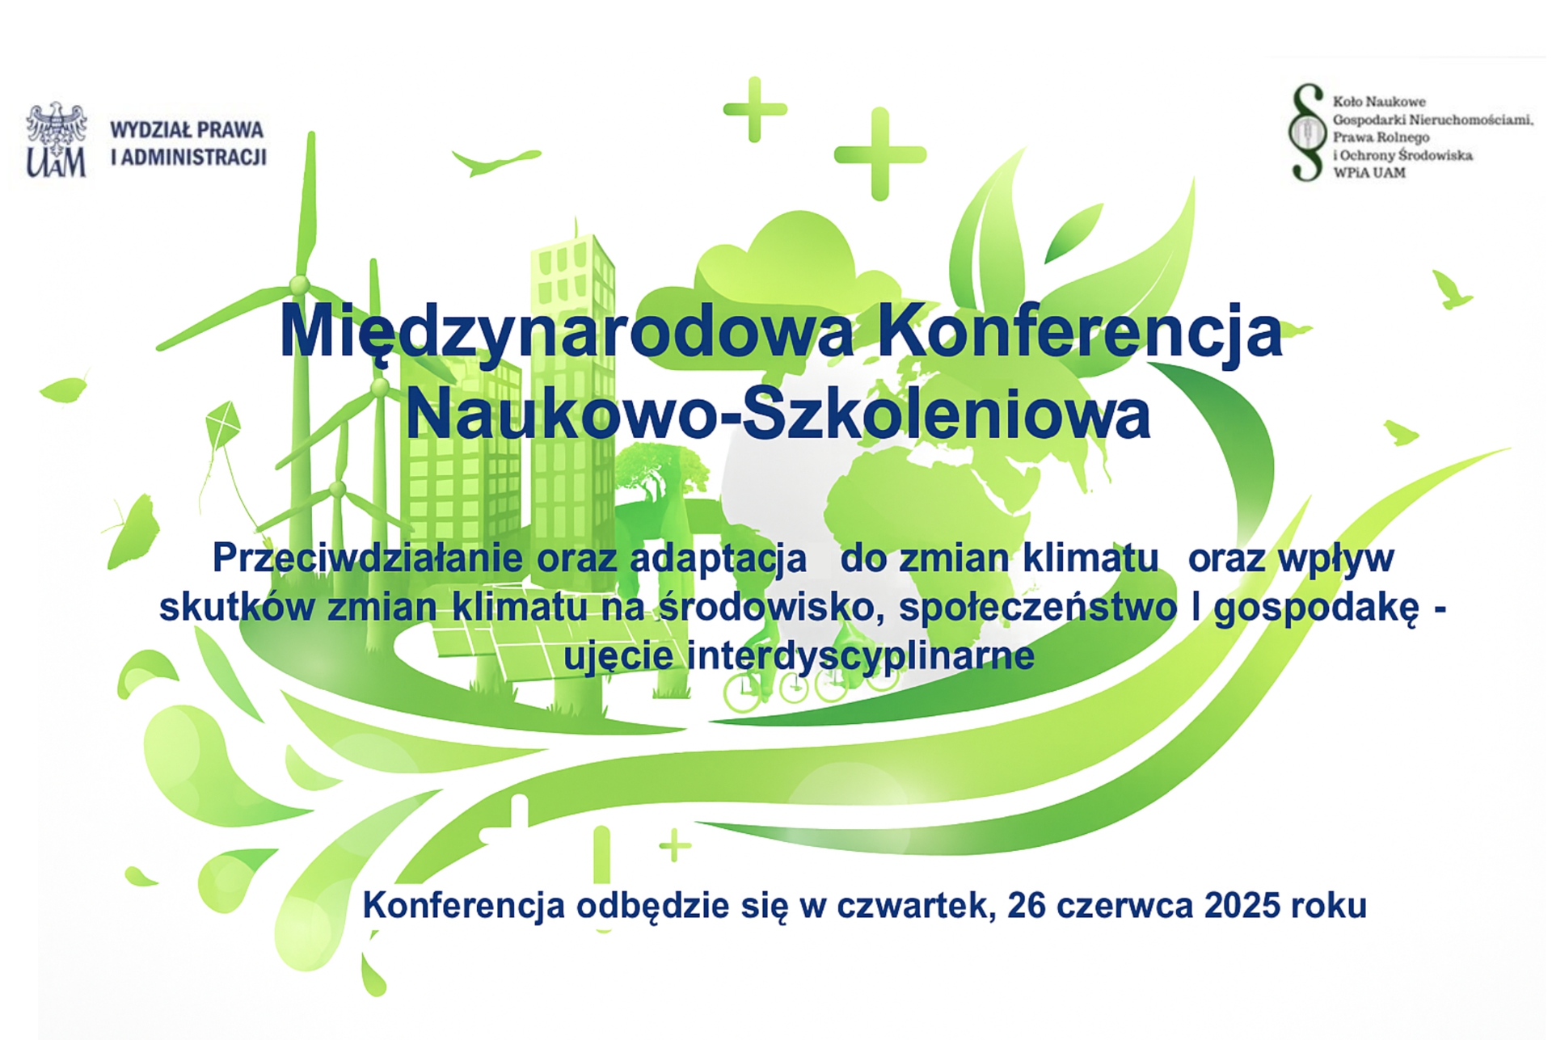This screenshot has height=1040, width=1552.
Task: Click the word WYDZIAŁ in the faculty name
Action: click(x=150, y=129)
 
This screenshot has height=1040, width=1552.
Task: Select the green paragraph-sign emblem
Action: click(x=1307, y=132)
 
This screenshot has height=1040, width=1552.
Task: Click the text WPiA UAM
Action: click(x=1369, y=172)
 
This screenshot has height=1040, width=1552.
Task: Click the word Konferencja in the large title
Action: click(x=1080, y=332)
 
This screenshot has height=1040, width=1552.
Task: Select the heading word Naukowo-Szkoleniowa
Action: click(x=778, y=415)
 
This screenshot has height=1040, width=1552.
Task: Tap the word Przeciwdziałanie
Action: click(x=368, y=558)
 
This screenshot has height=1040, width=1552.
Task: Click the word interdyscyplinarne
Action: click(x=861, y=655)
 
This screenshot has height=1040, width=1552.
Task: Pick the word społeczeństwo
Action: click(x=1038, y=608)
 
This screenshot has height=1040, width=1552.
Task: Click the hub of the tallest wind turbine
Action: click(x=299, y=284)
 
